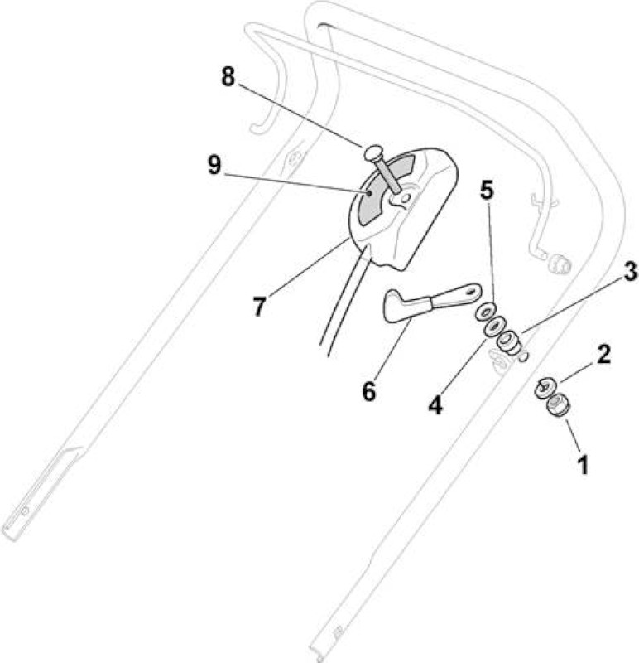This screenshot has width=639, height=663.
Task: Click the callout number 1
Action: point(583,464)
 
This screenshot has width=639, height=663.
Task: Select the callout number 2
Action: point(604,354)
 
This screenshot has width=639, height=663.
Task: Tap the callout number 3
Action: point(630,272)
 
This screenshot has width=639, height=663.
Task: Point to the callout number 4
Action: point(435,404)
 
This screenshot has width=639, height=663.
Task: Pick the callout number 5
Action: point(487,191)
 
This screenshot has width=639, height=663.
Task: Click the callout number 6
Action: point(368,391)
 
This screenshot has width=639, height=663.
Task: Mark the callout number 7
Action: point(259,306)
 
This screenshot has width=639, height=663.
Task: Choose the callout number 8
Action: point(228,77)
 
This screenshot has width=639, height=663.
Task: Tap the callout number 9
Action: point(214,165)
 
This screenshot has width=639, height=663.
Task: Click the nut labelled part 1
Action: point(559,405)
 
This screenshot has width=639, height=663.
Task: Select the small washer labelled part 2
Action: point(545,387)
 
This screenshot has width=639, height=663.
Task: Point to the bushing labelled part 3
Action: point(507,341)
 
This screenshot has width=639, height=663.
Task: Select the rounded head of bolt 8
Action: point(373,152)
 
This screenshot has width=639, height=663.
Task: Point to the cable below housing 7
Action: point(341,305)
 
